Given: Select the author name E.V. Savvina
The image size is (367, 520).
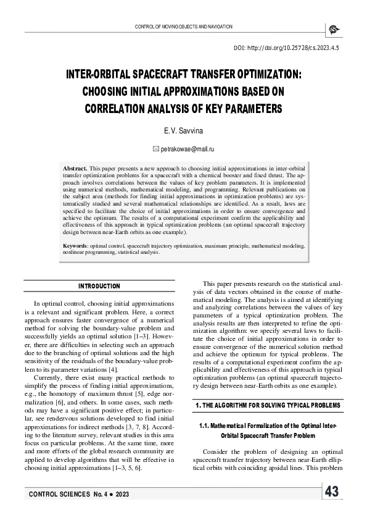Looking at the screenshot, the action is click(183, 132).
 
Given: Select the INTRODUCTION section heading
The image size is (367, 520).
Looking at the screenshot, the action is click(99, 287).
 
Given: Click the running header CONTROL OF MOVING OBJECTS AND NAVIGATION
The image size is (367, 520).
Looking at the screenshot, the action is click(183, 27).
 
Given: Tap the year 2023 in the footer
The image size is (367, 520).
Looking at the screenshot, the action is click(122, 496).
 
